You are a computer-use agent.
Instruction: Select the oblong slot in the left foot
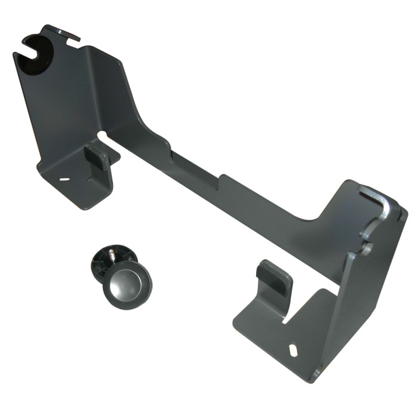coord(64,179)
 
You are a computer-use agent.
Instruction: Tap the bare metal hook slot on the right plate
coord(376,200)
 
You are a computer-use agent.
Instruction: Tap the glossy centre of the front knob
coord(127,282)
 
